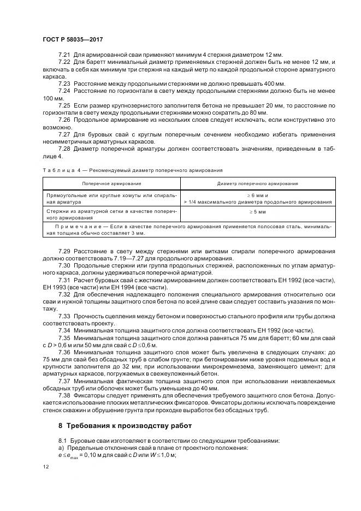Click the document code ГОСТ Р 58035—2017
click(x=72, y=39)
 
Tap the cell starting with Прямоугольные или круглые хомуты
click(x=112, y=197)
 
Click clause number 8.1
click(x=62, y=439)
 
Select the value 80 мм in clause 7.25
click(x=257, y=112)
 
